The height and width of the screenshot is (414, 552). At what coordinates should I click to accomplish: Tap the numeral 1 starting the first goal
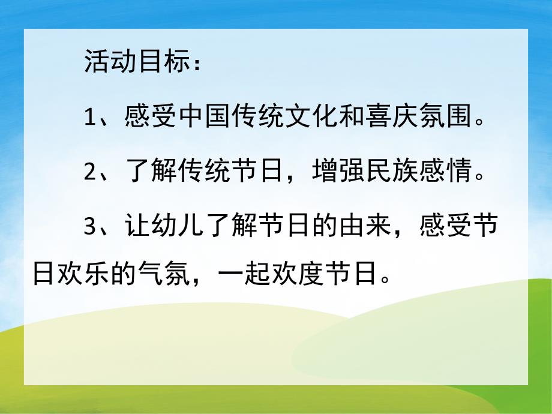90,119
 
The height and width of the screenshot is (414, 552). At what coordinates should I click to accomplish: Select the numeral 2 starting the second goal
90,173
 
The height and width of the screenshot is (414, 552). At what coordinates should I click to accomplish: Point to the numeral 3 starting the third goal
90,227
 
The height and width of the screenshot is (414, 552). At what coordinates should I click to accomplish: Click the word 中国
204,118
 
